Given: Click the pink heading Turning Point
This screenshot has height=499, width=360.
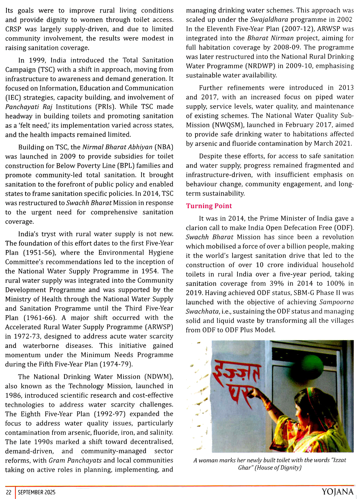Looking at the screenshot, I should (209, 206).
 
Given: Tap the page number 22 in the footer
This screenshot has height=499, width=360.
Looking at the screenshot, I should (9, 492).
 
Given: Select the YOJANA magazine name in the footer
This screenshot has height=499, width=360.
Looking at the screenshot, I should (337, 492).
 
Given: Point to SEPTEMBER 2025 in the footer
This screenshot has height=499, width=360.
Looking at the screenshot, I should (37, 492).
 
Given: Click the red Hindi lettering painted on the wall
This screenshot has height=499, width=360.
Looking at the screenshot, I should (236, 382).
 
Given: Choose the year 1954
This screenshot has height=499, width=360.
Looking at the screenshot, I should (149, 271).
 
